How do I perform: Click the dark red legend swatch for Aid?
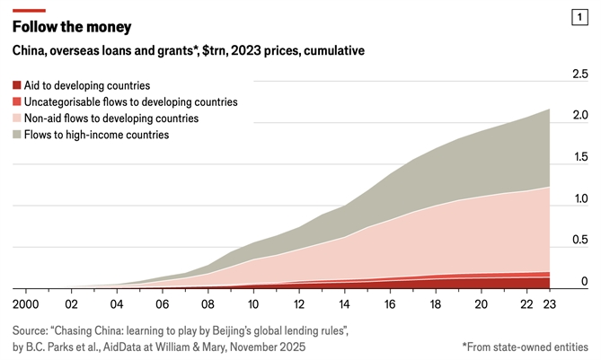(18, 86)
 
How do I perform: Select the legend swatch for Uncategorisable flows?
(18, 102)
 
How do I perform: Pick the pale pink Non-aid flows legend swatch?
(18, 119)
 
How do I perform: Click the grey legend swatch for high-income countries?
(18, 135)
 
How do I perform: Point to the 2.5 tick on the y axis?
(580, 74)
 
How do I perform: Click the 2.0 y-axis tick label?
(580, 115)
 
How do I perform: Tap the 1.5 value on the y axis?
(580, 156)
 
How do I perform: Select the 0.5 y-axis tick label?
(580, 240)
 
